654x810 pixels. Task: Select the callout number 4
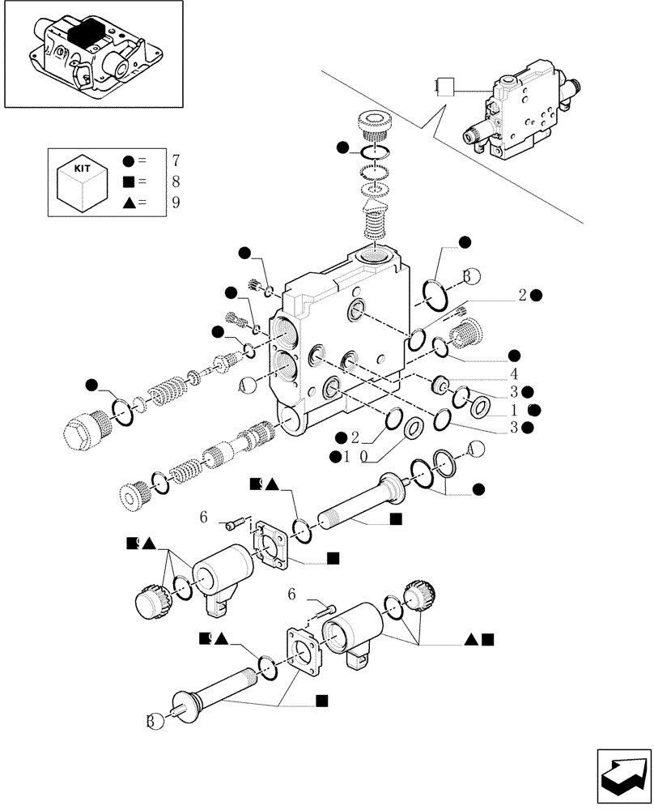point(513,375)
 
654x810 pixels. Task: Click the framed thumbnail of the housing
point(91,54)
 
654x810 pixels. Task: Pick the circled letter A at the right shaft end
point(474,450)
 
